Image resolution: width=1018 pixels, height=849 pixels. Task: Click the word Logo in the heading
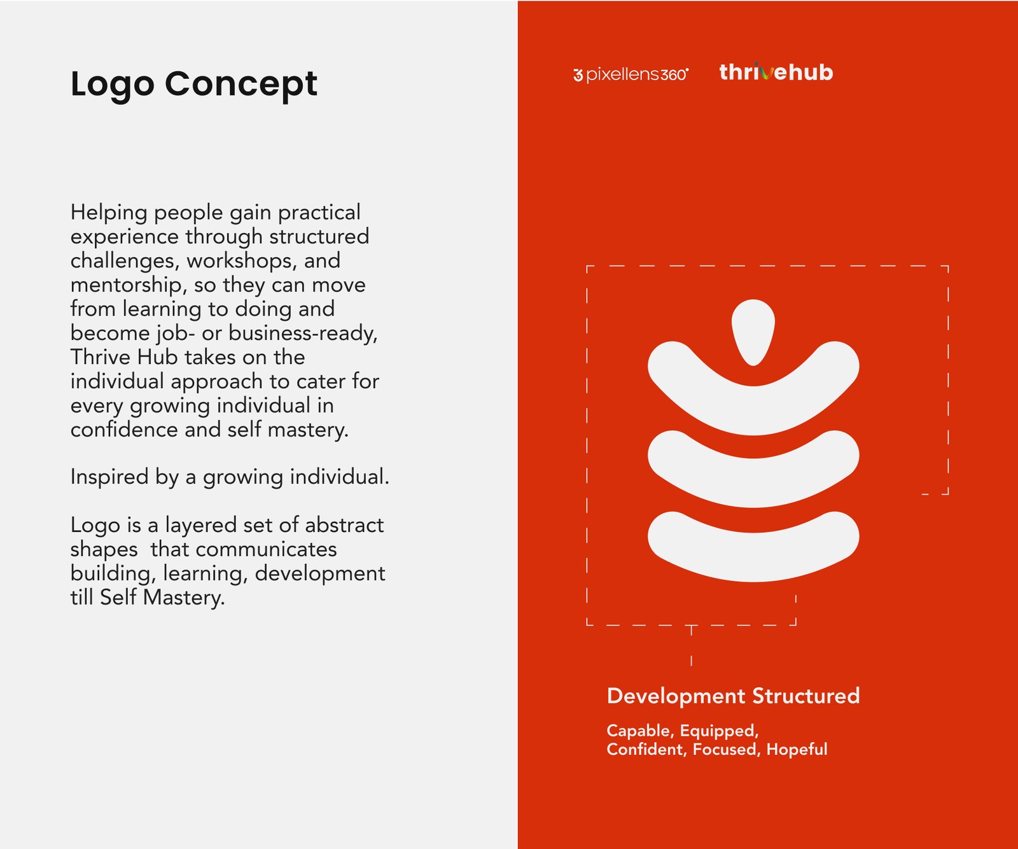(x=113, y=85)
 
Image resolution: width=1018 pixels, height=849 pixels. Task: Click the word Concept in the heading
(x=241, y=85)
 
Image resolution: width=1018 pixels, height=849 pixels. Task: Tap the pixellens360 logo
(x=631, y=74)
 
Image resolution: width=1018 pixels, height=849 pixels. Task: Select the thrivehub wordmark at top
(x=776, y=72)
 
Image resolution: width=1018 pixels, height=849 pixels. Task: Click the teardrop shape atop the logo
(x=753, y=331)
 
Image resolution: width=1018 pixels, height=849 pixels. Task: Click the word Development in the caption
(x=676, y=696)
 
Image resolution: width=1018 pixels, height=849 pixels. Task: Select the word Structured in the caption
(x=806, y=696)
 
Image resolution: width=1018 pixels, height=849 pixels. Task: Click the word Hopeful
(x=797, y=750)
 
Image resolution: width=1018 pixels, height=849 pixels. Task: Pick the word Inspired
(x=109, y=477)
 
